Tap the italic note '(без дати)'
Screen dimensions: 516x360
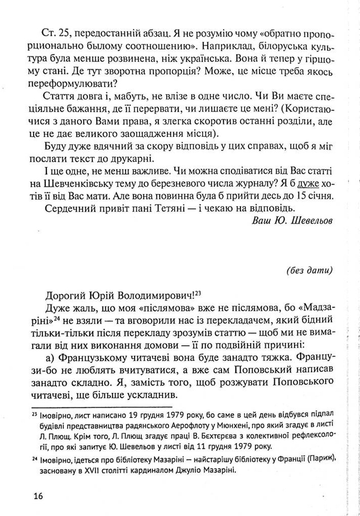pyautogui.click(x=309, y=270)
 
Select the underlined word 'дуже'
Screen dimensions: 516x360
pyautogui.click(x=309, y=184)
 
